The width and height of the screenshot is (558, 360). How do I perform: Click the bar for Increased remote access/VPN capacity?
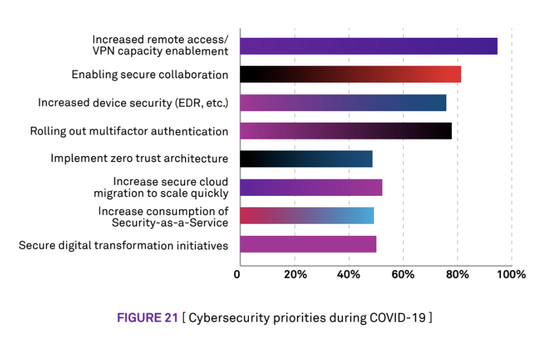coord(368,46)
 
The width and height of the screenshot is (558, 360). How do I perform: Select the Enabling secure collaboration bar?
coord(350,74)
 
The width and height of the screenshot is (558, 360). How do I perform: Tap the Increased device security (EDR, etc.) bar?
coord(343,103)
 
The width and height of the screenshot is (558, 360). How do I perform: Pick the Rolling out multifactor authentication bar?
coord(346,131)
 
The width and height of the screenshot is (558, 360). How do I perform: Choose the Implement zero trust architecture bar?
coord(306,159)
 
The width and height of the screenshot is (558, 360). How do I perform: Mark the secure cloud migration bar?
coord(311,187)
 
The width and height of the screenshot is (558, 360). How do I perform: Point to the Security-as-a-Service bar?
coord(307,216)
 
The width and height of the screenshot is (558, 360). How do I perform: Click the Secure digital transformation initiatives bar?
coord(308,244)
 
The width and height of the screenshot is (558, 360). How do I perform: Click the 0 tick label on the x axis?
coord(237,274)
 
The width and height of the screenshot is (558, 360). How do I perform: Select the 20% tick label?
coord(295,274)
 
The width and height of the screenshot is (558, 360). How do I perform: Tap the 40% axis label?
coord(349,274)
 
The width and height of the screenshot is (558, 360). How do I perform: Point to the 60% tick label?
coord(403,274)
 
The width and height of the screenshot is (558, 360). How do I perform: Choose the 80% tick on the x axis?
coord(457,274)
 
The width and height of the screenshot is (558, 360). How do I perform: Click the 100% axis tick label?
coord(510,274)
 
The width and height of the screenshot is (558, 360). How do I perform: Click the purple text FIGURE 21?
coord(147,318)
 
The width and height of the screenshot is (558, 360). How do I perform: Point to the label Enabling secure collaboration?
coord(150,74)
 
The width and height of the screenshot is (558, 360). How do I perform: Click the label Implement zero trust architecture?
coord(139,159)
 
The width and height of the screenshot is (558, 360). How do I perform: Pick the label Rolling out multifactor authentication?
coord(129,131)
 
